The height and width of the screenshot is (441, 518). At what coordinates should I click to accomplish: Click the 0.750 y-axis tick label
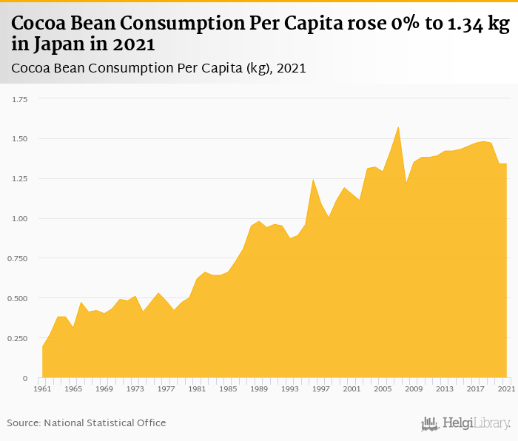(16, 258)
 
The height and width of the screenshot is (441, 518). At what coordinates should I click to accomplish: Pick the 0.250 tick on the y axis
(16, 338)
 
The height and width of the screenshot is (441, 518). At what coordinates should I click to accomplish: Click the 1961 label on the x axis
(43, 388)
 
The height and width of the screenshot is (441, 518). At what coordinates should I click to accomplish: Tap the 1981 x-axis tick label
(197, 388)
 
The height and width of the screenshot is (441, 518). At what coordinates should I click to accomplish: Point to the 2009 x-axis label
(414, 388)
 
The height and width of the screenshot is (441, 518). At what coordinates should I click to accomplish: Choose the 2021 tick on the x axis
(506, 388)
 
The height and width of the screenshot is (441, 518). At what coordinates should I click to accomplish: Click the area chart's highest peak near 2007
(398, 127)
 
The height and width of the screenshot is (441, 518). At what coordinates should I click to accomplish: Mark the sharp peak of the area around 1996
(313, 179)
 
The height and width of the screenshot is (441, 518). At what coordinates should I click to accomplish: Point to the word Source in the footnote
(24, 423)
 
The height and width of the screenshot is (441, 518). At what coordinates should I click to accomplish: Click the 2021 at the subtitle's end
(291, 69)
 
